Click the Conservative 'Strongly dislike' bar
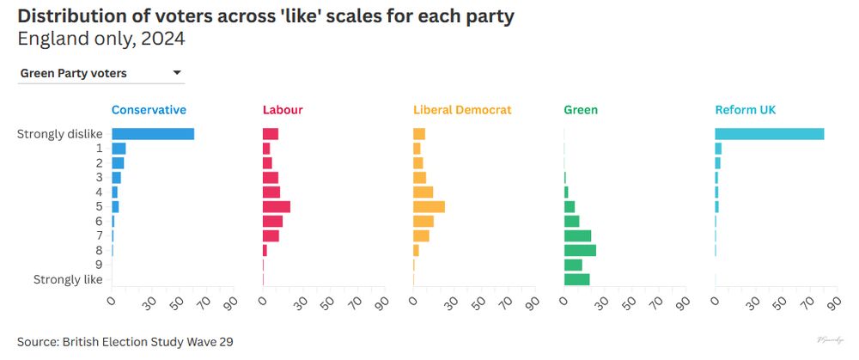click(x=153, y=134)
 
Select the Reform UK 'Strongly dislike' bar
click(x=769, y=134)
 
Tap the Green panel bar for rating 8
click(x=580, y=250)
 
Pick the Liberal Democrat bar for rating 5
click(x=429, y=206)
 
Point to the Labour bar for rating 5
click(x=276, y=206)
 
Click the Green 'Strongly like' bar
click(x=576, y=279)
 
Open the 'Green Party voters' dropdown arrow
click(x=177, y=73)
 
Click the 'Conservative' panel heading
click(x=149, y=110)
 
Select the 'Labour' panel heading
click(x=283, y=110)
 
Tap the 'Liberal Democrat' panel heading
click(x=462, y=110)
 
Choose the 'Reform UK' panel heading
click(x=746, y=110)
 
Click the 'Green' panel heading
click(x=581, y=110)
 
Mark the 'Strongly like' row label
click(x=68, y=279)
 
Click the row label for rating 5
click(x=99, y=206)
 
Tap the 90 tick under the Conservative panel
click(x=230, y=302)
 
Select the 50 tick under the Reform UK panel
click(x=781, y=302)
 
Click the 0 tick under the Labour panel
click(x=265, y=302)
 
